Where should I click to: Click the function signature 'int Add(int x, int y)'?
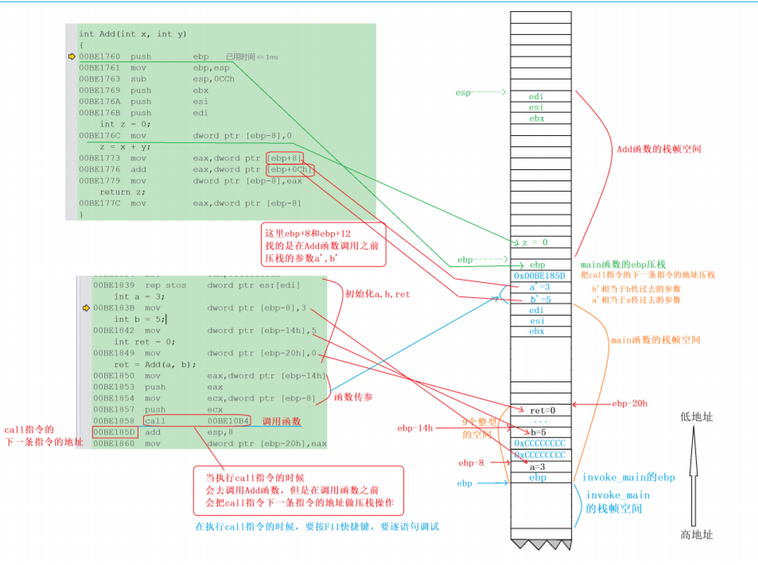coord(122,33)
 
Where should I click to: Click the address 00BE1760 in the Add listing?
coord(99,56)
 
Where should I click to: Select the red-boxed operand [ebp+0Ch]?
coord(290,169)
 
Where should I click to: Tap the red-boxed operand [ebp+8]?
coord(286,157)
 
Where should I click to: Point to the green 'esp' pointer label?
coord(463,93)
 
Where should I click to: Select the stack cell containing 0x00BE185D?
coord(538,276)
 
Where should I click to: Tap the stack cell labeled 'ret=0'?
coord(542,410)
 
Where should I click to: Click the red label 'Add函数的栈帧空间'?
coord(659,149)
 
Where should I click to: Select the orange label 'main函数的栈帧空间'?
coord(655,340)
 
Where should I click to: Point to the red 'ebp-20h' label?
coord(631,404)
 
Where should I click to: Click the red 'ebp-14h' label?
coord(414,428)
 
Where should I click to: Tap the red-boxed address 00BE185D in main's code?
coord(114,431)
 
